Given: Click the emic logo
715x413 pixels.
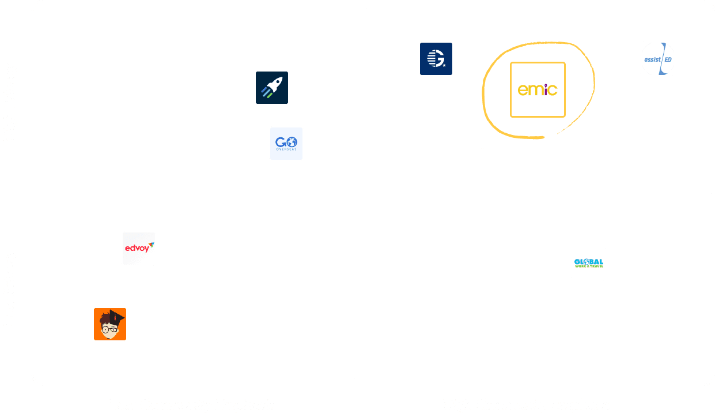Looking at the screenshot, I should pos(538,89).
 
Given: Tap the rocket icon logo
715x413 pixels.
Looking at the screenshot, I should pos(272,88).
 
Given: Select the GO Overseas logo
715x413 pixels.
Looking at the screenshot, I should pos(286,144).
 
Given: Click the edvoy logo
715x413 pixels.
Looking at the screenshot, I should pos(139,248).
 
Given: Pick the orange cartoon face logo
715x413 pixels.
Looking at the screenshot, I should pos(110,324).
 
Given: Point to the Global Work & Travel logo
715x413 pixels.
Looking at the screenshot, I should pos(589,263).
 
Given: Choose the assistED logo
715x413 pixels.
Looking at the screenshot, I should pos(658,59).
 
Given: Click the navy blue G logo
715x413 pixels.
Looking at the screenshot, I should pos(436,59).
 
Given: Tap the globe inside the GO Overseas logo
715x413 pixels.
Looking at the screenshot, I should pos(292,141).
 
